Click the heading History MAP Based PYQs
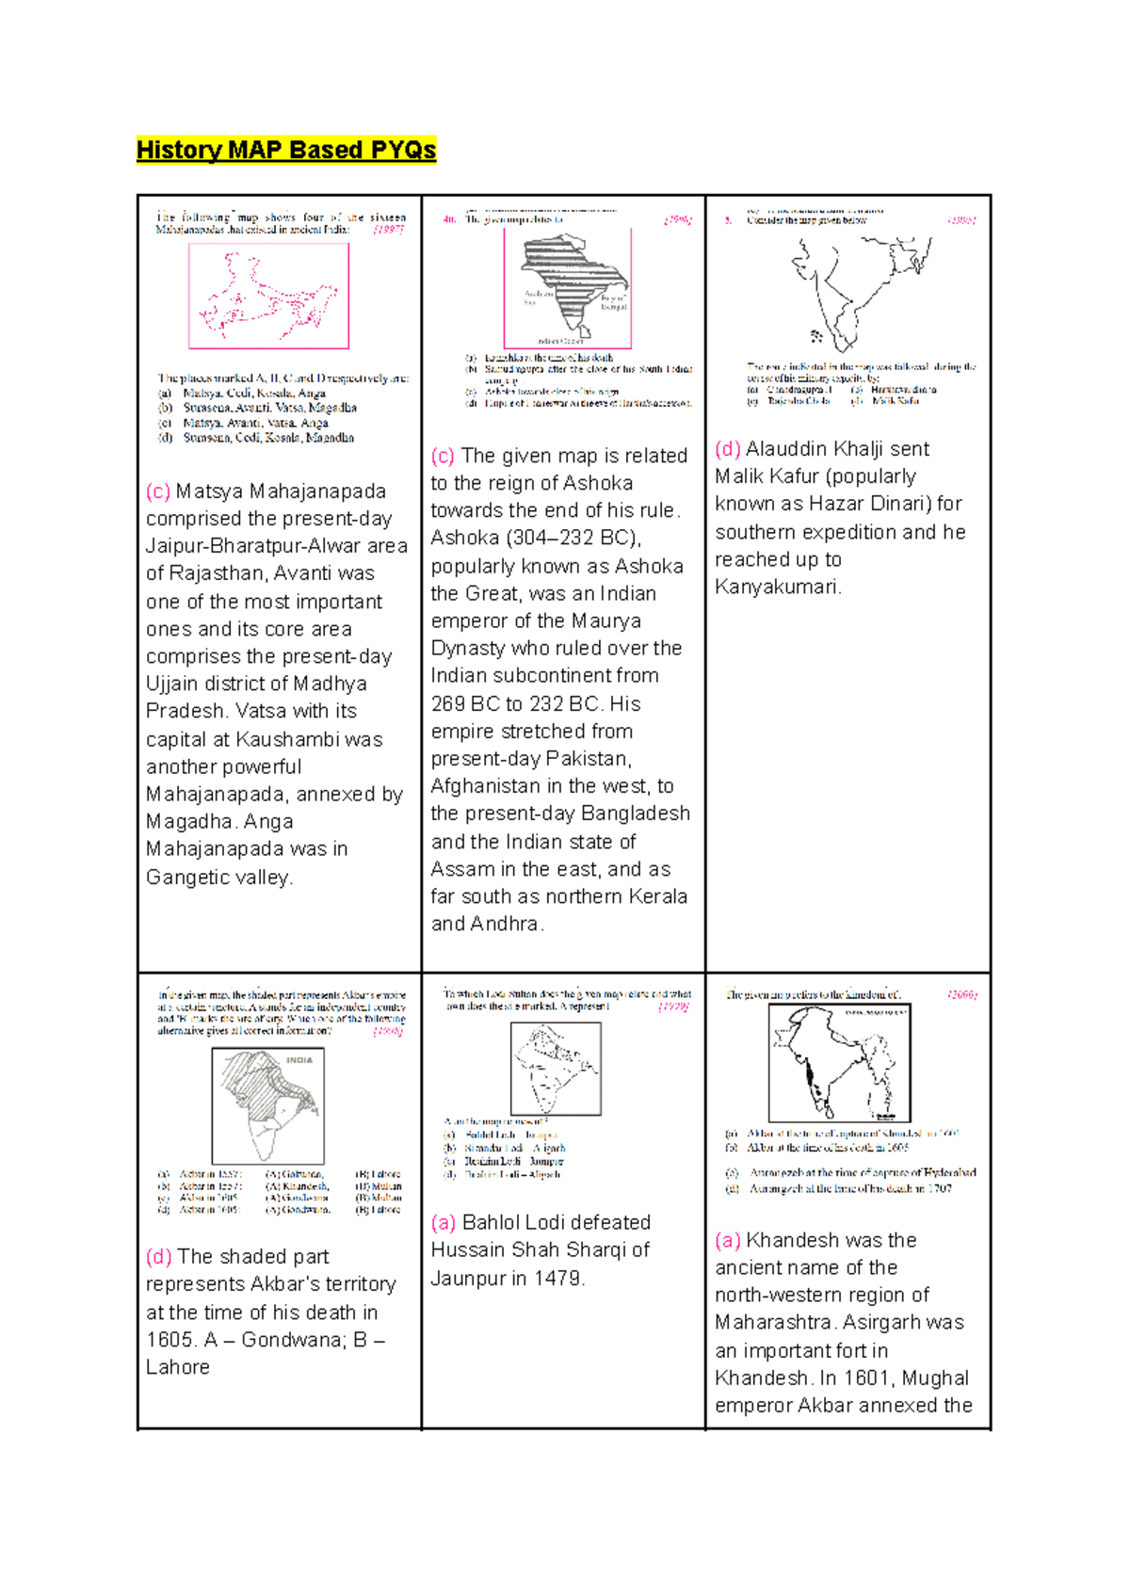coord(286,150)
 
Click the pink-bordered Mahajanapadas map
coord(268,296)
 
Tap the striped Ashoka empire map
coord(568,286)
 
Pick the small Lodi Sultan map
coord(556,1069)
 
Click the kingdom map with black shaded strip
coord(839,1062)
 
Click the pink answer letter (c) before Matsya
coord(158,491)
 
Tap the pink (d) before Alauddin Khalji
coord(727,449)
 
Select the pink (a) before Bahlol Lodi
coord(443,1222)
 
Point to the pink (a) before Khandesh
coord(727,1240)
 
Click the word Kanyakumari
coord(777,587)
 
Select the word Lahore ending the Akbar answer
coord(178,1367)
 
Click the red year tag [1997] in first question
coord(388,229)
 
